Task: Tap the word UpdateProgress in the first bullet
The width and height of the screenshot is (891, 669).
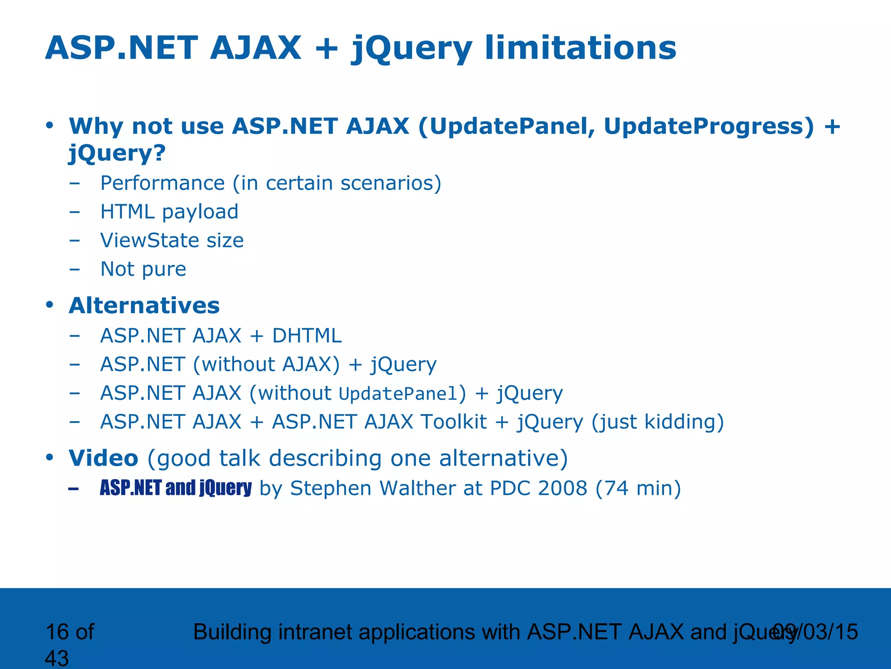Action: tap(709, 126)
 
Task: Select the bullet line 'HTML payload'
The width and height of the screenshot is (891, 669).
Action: tap(169, 212)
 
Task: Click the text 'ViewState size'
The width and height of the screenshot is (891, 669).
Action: tap(172, 240)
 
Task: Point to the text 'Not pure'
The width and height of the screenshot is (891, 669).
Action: tap(143, 269)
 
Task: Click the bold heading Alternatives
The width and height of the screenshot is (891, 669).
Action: tap(144, 305)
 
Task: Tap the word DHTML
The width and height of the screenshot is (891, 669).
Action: tap(307, 336)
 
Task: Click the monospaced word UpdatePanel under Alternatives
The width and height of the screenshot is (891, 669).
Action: tap(399, 394)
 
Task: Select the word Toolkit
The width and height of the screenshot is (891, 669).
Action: tap(454, 422)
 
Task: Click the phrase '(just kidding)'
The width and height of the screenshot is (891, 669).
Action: tap(658, 422)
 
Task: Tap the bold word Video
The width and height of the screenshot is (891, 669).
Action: tap(104, 458)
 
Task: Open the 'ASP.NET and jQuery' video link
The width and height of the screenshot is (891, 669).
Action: tap(176, 488)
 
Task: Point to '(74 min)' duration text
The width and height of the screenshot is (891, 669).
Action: tap(638, 489)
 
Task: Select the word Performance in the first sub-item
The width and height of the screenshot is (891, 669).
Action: tap(162, 183)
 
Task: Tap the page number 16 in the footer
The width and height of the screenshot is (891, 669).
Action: tap(57, 632)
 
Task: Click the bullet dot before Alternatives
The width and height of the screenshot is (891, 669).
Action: tap(50, 305)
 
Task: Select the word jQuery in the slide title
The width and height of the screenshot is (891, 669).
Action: tap(412, 49)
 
